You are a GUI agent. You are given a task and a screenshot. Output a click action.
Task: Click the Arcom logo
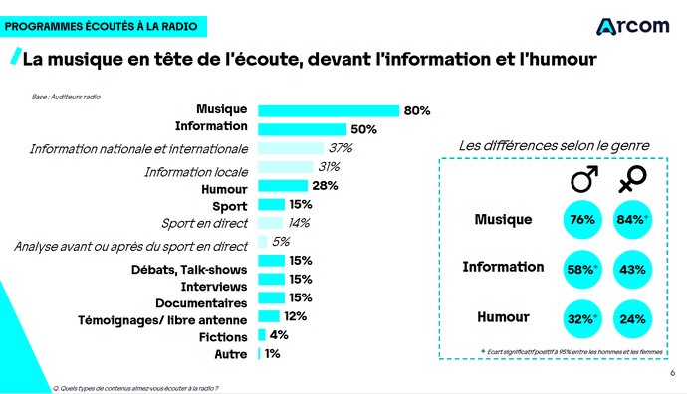(632, 26)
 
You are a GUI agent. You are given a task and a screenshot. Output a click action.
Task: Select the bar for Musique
(329, 110)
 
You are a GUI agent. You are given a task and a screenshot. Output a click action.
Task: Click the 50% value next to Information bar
(363, 129)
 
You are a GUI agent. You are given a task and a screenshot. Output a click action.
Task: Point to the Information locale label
(196, 171)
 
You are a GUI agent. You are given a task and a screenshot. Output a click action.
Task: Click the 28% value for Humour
(326, 186)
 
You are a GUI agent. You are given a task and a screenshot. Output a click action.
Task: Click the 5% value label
(281, 242)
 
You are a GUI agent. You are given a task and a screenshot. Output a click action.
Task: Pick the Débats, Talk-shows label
(189, 269)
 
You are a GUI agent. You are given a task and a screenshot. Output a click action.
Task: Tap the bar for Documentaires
(270, 297)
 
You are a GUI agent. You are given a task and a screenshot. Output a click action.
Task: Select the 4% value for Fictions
(279, 335)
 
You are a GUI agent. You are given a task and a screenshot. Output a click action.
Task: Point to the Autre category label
(231, 353)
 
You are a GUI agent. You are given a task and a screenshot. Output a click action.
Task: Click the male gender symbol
(583, 180)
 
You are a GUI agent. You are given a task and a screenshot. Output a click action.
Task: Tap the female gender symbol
(630, 180)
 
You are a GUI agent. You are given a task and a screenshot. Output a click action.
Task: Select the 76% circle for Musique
(582, 220)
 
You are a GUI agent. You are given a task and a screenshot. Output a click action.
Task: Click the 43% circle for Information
(631, 269)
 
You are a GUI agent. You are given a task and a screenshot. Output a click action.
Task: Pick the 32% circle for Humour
(582, 319)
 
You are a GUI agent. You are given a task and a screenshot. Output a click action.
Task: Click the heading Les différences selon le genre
(554, 146)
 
